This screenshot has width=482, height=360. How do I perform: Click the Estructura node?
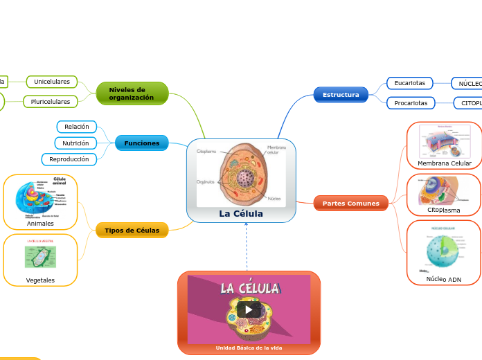coord(341,94)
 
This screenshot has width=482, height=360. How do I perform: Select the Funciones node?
coord(142,143)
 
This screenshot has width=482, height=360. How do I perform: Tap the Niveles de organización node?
coord(132,93)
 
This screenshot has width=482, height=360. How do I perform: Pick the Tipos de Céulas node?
coord(132,230)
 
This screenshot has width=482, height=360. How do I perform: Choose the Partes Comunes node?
coord(351,204)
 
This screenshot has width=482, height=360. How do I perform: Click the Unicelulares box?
coord(52,82)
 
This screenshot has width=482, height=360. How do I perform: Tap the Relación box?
coord(77,127)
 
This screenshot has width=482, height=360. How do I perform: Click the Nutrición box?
coord(75,143)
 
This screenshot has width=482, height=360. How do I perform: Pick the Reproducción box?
coord(69,159)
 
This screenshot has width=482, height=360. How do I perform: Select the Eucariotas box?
coord(409,83)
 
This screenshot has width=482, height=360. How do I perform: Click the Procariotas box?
coord(411,103)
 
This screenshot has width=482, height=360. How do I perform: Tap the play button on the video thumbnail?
coord(249,309)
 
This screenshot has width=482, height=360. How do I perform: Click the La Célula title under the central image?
coord(241,214)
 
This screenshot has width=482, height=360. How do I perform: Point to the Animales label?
coord(40,224)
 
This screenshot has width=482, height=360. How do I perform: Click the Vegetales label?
coord(40,280)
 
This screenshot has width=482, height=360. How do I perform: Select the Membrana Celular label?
coord(444,163)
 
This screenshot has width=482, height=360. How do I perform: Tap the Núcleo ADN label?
coord(444,279)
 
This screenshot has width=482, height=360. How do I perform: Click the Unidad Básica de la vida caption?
coord(249,348)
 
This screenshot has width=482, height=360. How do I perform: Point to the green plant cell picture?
coord(40,256)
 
